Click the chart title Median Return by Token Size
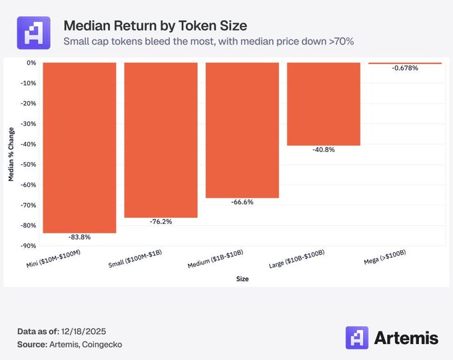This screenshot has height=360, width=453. pos(155,26)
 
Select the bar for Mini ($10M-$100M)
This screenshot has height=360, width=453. pos(79,147)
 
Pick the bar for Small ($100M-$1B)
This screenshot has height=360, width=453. pos(161,140)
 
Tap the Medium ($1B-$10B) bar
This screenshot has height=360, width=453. pos(242,130)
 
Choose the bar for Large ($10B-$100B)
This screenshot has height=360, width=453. pos(323,103)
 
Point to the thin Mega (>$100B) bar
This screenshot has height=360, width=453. pos(404,63)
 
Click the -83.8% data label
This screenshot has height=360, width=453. pos(79,237)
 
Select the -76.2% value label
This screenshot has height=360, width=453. pos(161,222)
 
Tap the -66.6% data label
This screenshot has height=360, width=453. pos(242,202)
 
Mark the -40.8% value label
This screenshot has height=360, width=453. pos(323,150)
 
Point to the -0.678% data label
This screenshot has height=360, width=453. pos(404,69)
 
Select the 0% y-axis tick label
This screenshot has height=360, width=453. pos(31,63)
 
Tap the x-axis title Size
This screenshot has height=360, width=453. pos(242,279)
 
